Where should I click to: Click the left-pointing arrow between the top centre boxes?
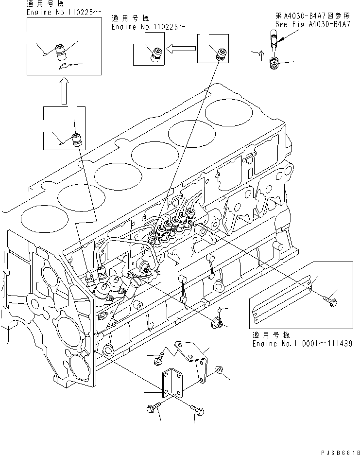tap(180, 48)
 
